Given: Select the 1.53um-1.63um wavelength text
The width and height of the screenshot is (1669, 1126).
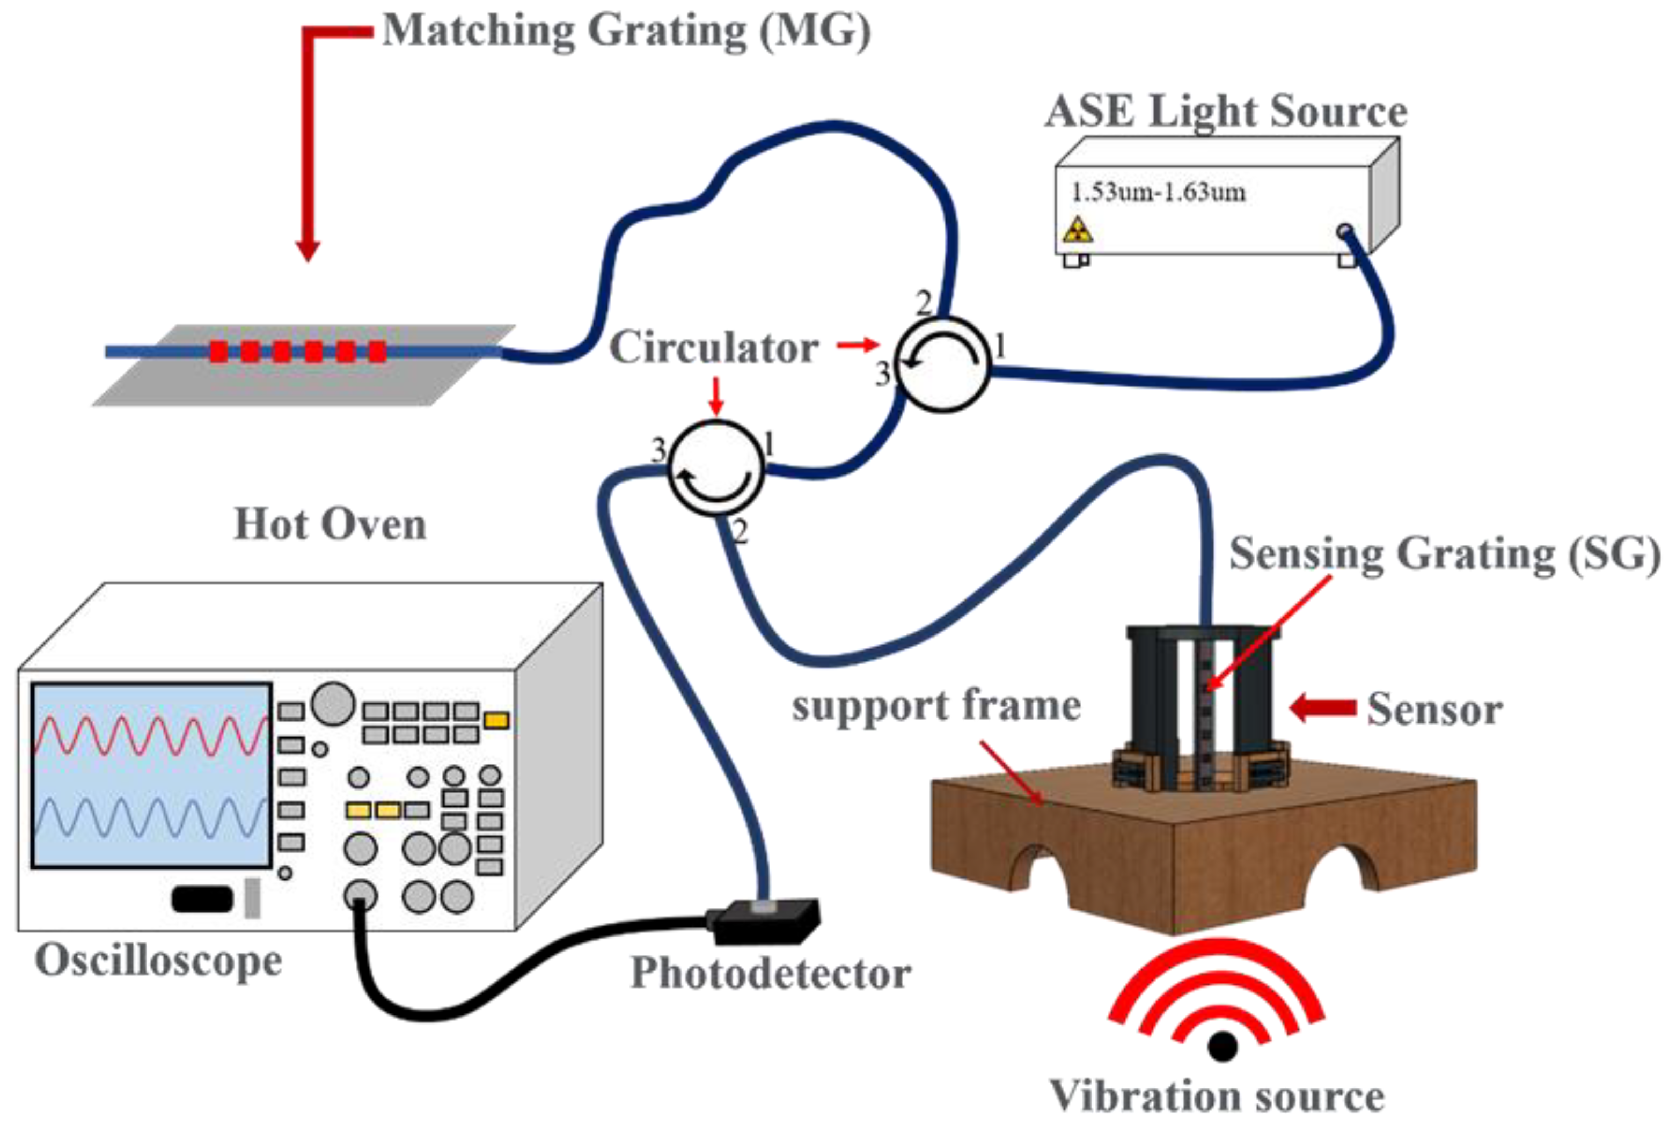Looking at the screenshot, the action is pos(1158,193).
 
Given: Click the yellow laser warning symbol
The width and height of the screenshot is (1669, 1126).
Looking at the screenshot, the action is pos(1078,230).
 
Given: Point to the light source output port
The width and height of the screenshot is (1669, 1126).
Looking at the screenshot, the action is pos(1344,231).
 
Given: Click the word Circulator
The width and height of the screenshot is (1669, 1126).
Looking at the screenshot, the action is pos(714,348).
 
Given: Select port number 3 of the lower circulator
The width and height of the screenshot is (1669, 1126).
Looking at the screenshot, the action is pos(657,450).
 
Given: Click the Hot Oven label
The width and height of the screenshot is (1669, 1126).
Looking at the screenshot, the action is pos(330,524).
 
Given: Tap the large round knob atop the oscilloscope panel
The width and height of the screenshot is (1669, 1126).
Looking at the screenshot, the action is pos(333,703).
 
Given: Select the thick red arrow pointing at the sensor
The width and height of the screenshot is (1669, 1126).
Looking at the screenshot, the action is pos(1322,707).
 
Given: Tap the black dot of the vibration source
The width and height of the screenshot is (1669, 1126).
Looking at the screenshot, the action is pos(1223,1045).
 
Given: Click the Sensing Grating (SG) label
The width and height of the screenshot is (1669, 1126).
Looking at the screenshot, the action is pos(1445,554).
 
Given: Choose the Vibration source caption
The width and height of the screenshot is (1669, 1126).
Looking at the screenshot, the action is pos(1218,1096).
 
